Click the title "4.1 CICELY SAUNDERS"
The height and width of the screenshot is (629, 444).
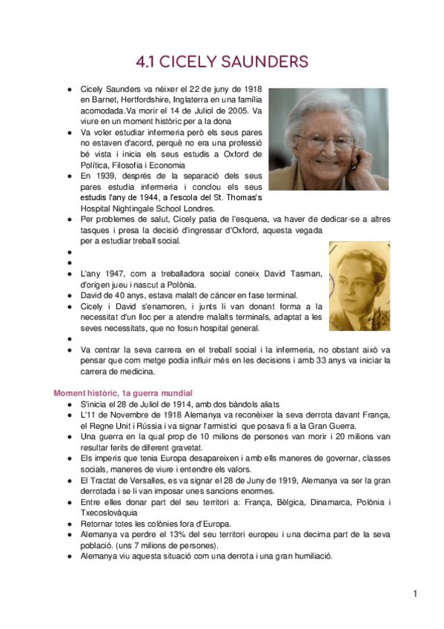[222, 62]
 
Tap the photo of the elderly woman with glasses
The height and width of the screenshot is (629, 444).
[328, 139]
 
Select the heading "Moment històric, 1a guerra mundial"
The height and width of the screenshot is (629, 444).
[123, 392]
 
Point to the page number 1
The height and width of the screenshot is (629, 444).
[416, 593]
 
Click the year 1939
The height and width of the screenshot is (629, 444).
[106, 177]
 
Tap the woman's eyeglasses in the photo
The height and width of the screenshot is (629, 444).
[321, 139]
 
